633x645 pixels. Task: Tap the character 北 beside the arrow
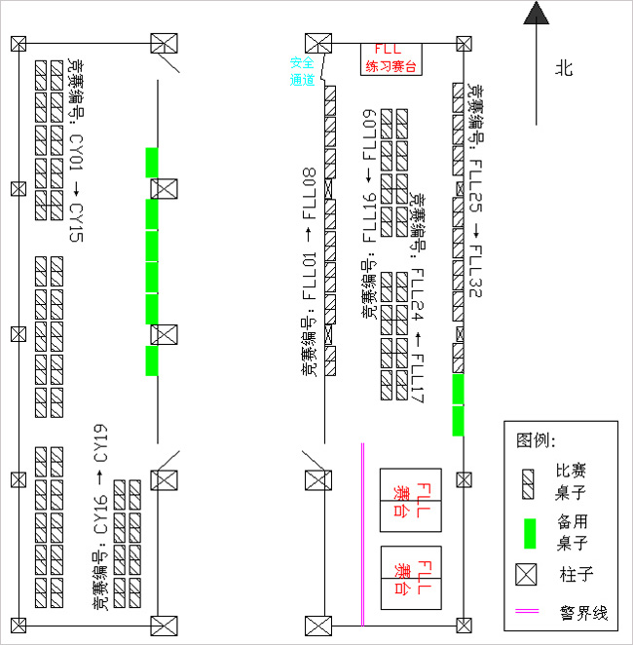point(565,68)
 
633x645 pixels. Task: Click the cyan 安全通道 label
point(302,70)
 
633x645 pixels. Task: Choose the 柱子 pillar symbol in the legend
point(526,574)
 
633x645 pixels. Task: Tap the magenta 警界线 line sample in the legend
point(529,613)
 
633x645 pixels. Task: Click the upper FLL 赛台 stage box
point(410,500)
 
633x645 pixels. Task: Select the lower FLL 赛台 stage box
point(410,578)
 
